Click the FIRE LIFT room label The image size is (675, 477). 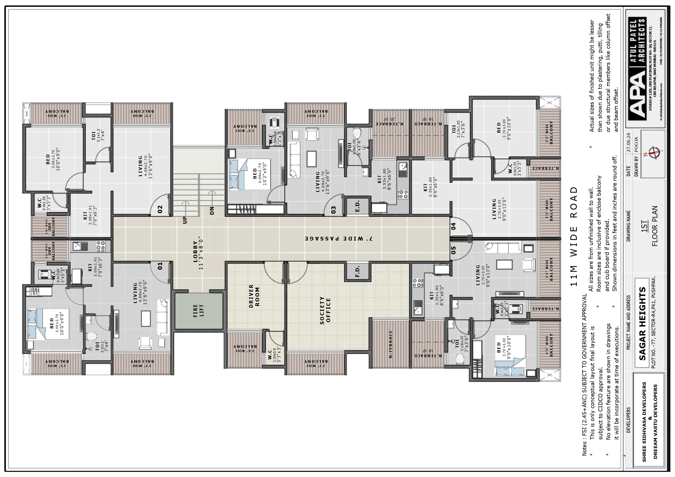pyautogui.click(x=199, y=311)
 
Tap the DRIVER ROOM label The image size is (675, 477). pyautogui.click(x=254, y=296)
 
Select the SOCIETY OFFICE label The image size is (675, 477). pyautogui.click(x=325, y=310)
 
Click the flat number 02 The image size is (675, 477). pyautogui.click(x=160, y=209)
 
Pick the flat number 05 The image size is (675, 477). pyautogui.click(x=453, y=250)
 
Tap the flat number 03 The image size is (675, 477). pyautogui.click(x=333, y=210)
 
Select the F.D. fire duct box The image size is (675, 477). pyautogui.click(x=358, y=271)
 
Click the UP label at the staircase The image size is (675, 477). pyautogui.click(x=185, y=220)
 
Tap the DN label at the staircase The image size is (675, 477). pyautogui.click(x=212, y=211)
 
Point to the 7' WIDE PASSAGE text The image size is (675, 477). pyautogui.click(x=338, y=239)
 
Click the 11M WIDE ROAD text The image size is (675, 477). pyautogui.click(x=574, y=236)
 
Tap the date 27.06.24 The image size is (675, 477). pyautogui.click(x=629, y=142)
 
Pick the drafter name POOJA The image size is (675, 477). pyautogui.click(x=636, y=144)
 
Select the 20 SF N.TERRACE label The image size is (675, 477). pyautogui.click(x=389, y=122)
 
